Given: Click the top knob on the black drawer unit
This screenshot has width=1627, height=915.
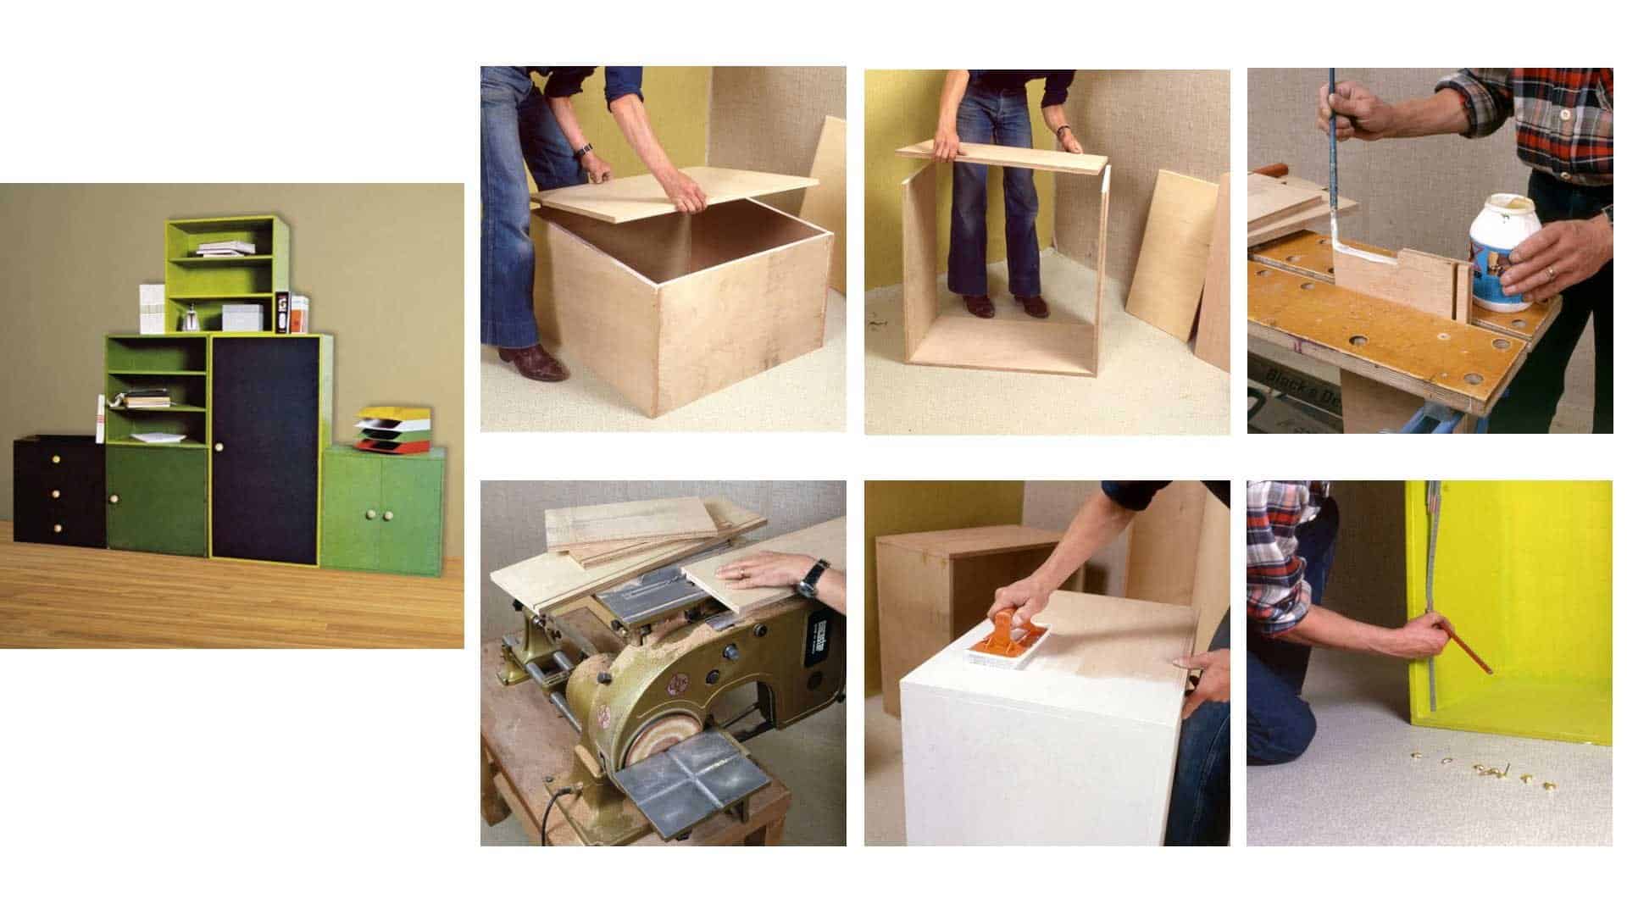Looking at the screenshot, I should (59, 458).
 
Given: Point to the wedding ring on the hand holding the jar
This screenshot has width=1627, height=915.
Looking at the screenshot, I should (1550, 273).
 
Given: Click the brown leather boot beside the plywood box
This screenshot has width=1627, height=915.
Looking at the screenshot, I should (529, 363).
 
